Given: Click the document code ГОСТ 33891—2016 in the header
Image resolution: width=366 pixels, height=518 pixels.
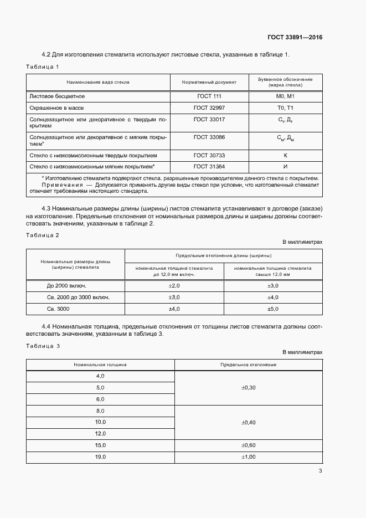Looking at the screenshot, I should tap(295, 38).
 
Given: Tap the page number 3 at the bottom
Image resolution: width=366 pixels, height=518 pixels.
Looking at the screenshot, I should tap(320, 471).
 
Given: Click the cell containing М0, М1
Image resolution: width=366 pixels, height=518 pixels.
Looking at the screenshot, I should tap(285, 96).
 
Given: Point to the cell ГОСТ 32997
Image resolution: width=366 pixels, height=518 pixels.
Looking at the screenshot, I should tap(209, 107).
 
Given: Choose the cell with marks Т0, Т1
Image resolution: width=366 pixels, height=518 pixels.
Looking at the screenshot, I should tap(285, 107).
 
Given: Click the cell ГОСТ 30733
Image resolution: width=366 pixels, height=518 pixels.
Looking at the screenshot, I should tap(209, 155).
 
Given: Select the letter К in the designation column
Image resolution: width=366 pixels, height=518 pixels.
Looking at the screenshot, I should tap(285, 155).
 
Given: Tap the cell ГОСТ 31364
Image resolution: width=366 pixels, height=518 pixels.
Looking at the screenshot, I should tap(209, 166).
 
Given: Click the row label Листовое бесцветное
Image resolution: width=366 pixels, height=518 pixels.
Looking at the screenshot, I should tap(56, 96).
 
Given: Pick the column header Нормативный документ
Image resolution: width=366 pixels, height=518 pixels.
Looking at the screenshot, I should tap(209, 82).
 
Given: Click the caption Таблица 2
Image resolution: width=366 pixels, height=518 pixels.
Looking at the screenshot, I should tap(42, 235).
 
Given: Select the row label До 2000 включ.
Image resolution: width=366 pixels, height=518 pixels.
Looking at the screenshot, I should tap(67, 285).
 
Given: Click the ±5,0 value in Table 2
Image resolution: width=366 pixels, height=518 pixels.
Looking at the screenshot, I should tap(272, 309).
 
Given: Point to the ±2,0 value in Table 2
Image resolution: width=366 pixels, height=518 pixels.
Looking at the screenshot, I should tap(174, 285).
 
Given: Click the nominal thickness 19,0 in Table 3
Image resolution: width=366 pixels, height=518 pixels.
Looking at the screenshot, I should tap(100, 457).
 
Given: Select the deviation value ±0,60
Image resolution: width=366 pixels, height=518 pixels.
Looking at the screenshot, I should tap(249, 445).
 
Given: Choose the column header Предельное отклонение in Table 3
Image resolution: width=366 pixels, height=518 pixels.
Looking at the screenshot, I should tap(249, 365).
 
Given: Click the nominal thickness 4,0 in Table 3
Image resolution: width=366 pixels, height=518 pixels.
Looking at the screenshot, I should tap(100, 376).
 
